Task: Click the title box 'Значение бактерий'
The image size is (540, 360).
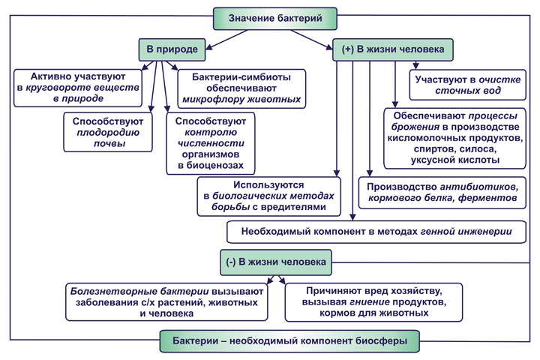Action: click(x=275, y=19)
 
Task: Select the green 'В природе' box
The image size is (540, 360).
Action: click(x=172, y=49)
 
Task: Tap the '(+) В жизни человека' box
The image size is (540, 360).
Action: click(x=392, y=49)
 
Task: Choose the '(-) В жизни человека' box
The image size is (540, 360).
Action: click(x=276, y=262)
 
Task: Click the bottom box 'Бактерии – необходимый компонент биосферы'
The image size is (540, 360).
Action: click(x=289, y=341)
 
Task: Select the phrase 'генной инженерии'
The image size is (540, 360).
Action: click(x=466, y=231)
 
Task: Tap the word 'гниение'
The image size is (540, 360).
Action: click(x=370, y=302)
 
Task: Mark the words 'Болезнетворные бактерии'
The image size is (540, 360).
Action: click(x=139, y=292)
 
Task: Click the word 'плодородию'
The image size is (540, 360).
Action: click(x=108, y=133)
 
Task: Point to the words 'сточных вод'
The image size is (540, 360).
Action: click(x=468, y=91)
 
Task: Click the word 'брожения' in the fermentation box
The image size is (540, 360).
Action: click(x=415, y=127)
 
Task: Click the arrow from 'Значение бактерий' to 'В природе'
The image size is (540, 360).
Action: click(x=226, y=40)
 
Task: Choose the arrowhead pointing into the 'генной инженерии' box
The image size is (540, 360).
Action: click(x=352, y=217)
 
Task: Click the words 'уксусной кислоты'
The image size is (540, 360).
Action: click(x=455, y=160)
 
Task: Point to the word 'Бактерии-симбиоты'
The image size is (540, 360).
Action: click(x=241, y=77)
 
